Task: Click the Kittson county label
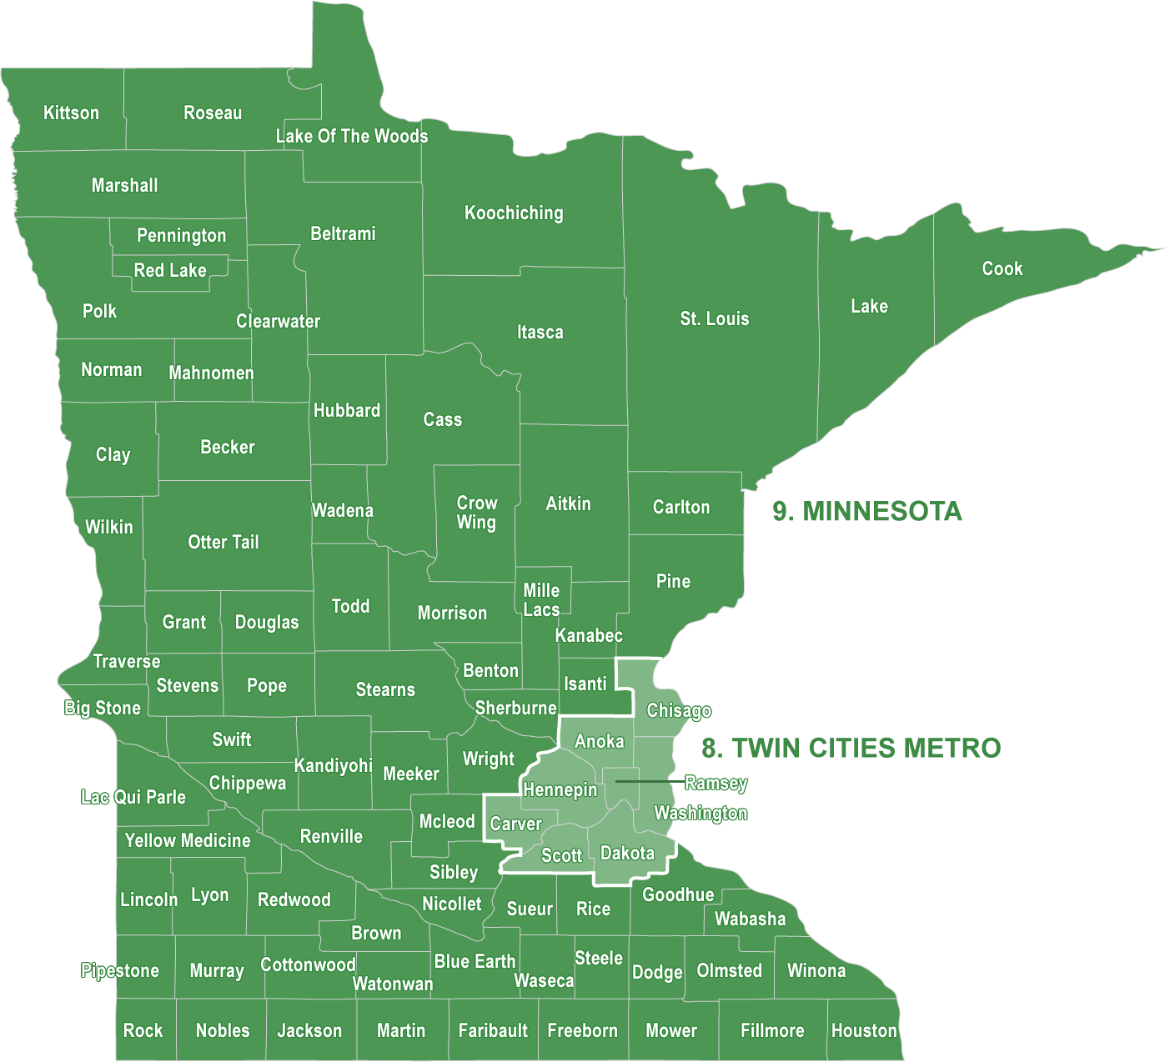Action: pyautogui.click(x=71, y=113)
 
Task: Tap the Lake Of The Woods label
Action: pyautogui.click(x=352, y=136)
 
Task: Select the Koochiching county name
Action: pyautogui.click(x=514, y=213)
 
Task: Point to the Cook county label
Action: pyautogui.click(x=1002, y=268)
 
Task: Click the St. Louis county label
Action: pyautogui.click(x=715, y=318)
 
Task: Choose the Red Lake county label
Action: pyautogui.click(x=170, y=270)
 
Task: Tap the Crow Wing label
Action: pyautogui.click(x=476, y=513)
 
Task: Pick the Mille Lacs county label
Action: pyautogui.click(x=541, y=600)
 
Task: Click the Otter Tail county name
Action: pyautogui.click(x=223, y=542)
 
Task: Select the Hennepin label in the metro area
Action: pyautogui.click(x=560, y=789)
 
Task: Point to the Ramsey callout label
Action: pyautogui.click(x=716, y=784)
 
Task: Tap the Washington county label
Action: pyautogui.click(x=701, y=814)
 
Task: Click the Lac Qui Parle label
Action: pyautogui.click(x=133, y=797)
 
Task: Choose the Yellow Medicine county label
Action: pyautogui.click(x=188, y=840)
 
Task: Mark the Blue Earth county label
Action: pyautogui.click(x=475, y=961)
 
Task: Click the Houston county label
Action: pyautogui.click(x=864, y=1030)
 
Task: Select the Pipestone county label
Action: pyautogui.click(x=120, y=970)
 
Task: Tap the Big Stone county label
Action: pyautogui.click(x=103, y=708)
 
